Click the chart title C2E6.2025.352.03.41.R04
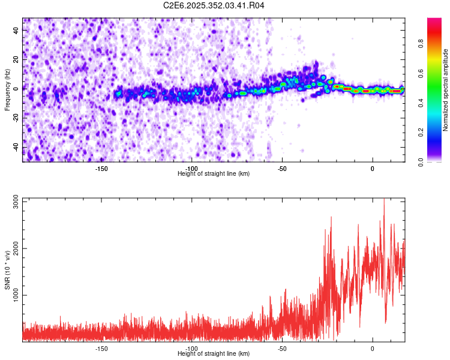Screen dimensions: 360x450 (214, 5)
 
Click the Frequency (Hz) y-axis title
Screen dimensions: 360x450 (7, 90)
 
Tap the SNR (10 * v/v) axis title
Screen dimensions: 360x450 (7, 269)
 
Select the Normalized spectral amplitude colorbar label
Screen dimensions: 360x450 (446, 90)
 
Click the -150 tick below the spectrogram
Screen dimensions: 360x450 (101, 169)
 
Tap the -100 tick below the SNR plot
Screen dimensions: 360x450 (192, 349)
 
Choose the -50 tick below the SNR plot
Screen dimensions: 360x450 (282, 349)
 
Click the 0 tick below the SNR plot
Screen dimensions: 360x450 (373, 349)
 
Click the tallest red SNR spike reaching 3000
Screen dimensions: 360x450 (384, 200)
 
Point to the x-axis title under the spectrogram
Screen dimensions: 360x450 (214, 174)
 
